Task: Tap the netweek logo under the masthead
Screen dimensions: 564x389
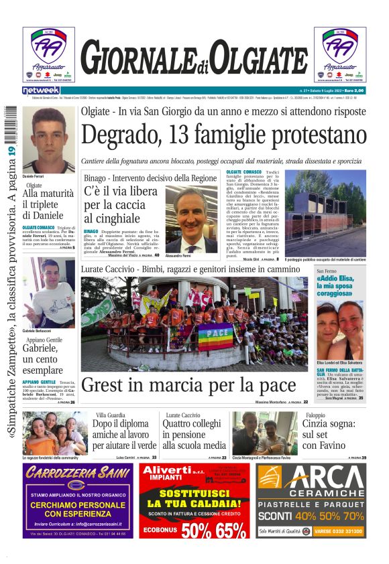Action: [41, 90]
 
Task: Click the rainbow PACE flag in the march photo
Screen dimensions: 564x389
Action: [215, 337]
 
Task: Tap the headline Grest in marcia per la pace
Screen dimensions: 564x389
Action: [188, 385]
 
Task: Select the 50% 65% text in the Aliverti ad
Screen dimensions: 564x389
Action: [194, 531]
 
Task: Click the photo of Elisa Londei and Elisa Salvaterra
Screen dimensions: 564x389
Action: [339, 330]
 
